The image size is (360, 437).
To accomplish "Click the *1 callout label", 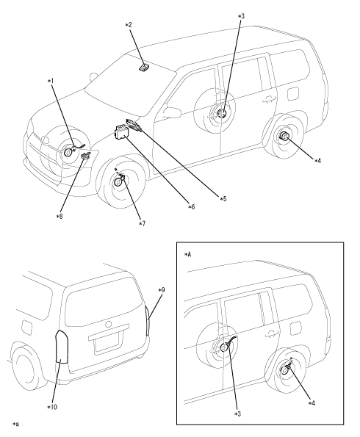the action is click(51, 81).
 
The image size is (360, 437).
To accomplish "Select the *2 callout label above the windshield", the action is click(129, 25).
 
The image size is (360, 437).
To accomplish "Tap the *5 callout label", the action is click(223, 199).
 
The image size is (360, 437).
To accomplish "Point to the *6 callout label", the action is click(191, 207).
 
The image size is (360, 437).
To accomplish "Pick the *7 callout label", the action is click(143, 224).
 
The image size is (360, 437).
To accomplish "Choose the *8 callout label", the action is click(60, 216).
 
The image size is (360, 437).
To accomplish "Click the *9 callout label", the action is click(162, 290).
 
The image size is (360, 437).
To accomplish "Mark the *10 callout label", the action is click(52, 407).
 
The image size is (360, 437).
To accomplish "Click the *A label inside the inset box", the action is click(188, 254).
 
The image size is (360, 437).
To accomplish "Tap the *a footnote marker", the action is click(15, 425).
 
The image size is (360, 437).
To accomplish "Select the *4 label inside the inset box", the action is click(312, 403).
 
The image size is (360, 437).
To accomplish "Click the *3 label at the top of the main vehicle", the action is click(241, 16).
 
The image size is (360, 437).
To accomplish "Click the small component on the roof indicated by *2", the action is click(144, 68).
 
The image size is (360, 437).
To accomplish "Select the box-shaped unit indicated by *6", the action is click(121, 131).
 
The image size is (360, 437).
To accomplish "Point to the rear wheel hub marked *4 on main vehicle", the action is click(284, 136).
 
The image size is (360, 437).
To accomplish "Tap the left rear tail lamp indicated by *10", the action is click(62, 347).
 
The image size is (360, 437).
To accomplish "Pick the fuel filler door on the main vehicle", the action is click(293, 94).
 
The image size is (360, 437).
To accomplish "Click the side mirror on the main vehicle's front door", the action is click(171, 112).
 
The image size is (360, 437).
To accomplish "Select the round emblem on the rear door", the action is click(108, 324).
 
